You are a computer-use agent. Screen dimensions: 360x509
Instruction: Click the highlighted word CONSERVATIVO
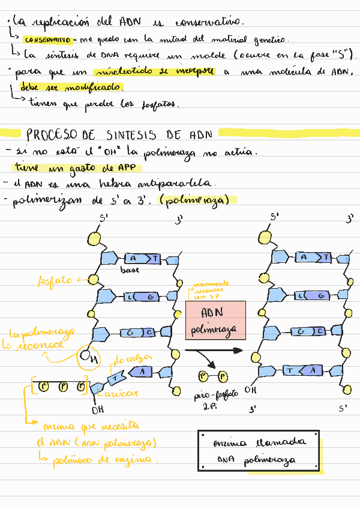(x=47, y=40)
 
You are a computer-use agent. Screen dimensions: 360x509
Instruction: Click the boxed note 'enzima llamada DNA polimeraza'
(x=259, y=450)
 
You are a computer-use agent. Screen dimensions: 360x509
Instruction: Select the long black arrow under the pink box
(x=213, y=351)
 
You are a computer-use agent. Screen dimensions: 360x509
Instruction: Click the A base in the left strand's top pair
(x=133, y=259)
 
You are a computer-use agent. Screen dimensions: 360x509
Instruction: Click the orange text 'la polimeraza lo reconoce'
(x=41, y=339)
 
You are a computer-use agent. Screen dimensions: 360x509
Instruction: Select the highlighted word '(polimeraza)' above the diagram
(x=198, y=200)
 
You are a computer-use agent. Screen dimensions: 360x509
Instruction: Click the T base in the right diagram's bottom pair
(x=290, y=371)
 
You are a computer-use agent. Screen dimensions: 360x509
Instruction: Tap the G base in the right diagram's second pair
(x=322, y=295)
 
